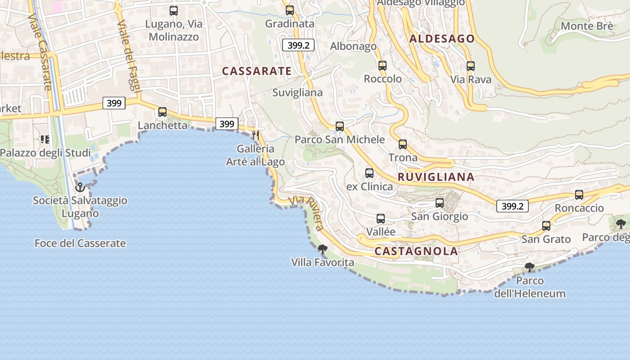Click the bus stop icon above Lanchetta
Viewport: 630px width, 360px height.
click(x=162, y=112)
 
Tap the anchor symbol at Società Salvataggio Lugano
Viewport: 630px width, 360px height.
click(x=80, y=187)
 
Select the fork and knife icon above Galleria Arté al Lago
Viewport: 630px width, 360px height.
click(x=256, y=135)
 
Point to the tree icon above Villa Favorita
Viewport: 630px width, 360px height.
click(x=322, y=249)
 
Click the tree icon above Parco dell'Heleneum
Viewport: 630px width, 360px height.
click(x=530, y=267)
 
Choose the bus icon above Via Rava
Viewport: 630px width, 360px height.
click(x=471, y=66)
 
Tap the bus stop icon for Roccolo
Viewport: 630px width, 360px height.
click(x=382, y=65)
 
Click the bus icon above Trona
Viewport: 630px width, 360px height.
click(x=403, y=144)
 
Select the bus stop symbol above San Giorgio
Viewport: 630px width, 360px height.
click(x=440, y=203)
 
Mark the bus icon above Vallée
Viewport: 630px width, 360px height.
click(x=381, y=219)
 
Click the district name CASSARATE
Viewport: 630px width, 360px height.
click(x=256, y=71)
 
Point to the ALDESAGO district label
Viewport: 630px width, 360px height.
click(x=442, y=39)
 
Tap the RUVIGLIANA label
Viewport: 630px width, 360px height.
click(x=436, y=177)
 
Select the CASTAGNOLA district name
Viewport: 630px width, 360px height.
click(x=416, y=251)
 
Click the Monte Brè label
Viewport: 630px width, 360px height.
click(x=587, y=26)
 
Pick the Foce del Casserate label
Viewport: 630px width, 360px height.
click(x=80, y=243)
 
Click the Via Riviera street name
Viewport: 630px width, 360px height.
click(x=307, y=213)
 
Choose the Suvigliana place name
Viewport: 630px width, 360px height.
click(x=297, y=93)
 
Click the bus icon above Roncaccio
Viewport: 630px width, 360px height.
click(x=579, y=195)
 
